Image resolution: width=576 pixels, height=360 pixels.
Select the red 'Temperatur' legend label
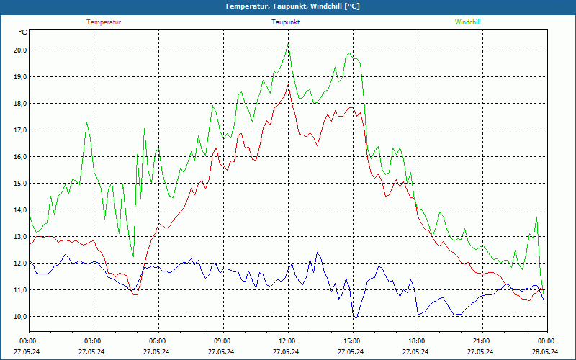tap(104, 22)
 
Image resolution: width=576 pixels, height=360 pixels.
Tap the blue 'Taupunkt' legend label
tap(286, 22)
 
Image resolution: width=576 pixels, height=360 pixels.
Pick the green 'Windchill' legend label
tap(467, 22)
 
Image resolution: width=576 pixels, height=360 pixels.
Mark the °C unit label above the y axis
tap(23, 32)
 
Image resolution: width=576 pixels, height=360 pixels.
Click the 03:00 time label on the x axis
tap(93, 341)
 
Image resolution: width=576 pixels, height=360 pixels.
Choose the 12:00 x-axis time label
tap(287, 341)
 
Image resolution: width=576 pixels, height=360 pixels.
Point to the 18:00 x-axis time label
tap(417, 341)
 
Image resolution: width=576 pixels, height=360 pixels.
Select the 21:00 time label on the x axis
tap(482, 341)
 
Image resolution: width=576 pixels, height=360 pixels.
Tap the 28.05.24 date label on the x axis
tap(545, 352)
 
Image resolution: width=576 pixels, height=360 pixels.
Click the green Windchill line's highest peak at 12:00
tap(288, 44)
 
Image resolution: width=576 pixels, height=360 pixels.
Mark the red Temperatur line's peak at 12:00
tap(288, 84)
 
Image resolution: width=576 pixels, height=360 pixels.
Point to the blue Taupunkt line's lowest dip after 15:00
tap(355, 317)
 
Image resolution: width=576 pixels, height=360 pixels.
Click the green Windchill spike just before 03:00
tap(87, 122)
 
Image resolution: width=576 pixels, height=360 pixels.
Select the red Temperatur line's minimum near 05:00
tap(134, 294)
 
